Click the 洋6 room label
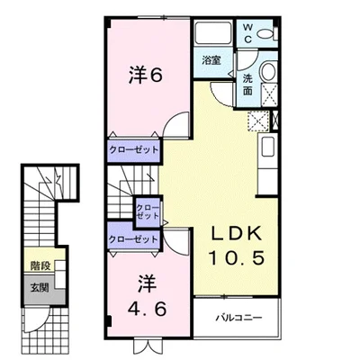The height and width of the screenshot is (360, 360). [146, 75]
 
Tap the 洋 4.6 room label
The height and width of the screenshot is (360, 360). [147, 296]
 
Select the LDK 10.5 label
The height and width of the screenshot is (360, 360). [237, 246]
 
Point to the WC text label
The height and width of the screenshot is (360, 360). [247, 34]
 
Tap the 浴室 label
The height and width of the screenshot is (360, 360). [211, 60]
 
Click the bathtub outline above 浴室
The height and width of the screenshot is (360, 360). [213, 33]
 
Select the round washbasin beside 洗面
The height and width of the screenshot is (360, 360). [269, 72]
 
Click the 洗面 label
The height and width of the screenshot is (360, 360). [247, 85]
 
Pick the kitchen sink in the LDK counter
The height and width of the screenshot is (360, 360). [268, 147]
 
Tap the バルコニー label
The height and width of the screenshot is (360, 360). [239, 318]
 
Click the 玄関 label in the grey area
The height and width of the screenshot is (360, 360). [40, 288]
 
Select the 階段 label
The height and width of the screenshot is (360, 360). [40, 266]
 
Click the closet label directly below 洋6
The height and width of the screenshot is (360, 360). [133, 150]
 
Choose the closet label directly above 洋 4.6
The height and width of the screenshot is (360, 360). [133, 239]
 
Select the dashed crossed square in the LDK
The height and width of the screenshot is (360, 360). [258, 121]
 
